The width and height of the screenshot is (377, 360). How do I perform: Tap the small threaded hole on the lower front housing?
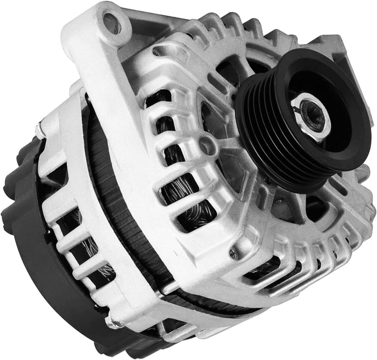pos(232,253)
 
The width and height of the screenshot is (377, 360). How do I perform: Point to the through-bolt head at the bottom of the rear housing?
pos(112,318)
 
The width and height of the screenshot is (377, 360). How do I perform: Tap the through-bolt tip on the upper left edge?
pos(39,126)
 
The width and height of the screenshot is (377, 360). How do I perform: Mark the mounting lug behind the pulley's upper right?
pos(338,47)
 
